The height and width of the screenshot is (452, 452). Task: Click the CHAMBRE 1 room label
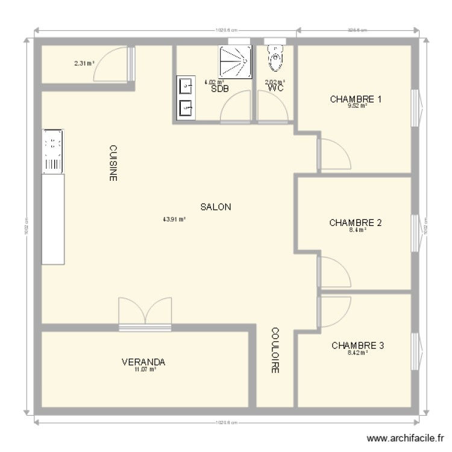[x=356, y=99]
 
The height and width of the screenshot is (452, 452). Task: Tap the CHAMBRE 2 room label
[x=356, y=222]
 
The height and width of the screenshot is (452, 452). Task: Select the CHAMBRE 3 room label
[x=358, y=345]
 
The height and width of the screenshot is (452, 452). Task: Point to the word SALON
[x=216, y=207]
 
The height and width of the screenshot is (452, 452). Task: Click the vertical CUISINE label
[x=113, y=163]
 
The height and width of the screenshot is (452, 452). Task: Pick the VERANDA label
[x=143, y=362]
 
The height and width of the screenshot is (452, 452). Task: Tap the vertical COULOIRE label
[x=275, y=351]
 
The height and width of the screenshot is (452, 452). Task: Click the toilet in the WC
[x=276, y=57]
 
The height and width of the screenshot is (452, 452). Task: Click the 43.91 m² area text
[x=174, y=219]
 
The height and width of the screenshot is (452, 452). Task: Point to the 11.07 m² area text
[x=146, y=370]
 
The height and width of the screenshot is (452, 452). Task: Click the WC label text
[x=276, y=89]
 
